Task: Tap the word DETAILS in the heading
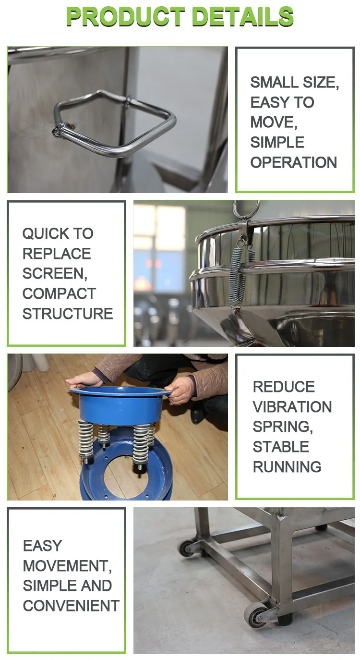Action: click(242, 17)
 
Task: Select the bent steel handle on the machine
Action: click(115, 123)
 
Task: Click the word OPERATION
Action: click(293, 162)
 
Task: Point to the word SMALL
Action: click(270, 82)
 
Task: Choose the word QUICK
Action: click(45, 233)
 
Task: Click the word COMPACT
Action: click(59, 293)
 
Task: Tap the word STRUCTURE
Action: click(67, 314)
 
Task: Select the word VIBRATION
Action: click(292, 407)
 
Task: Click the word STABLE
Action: click(280, 447)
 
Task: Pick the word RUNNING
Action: click(287, 467)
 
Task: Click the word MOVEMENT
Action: click(67, 566)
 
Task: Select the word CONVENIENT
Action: click(71, 606)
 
